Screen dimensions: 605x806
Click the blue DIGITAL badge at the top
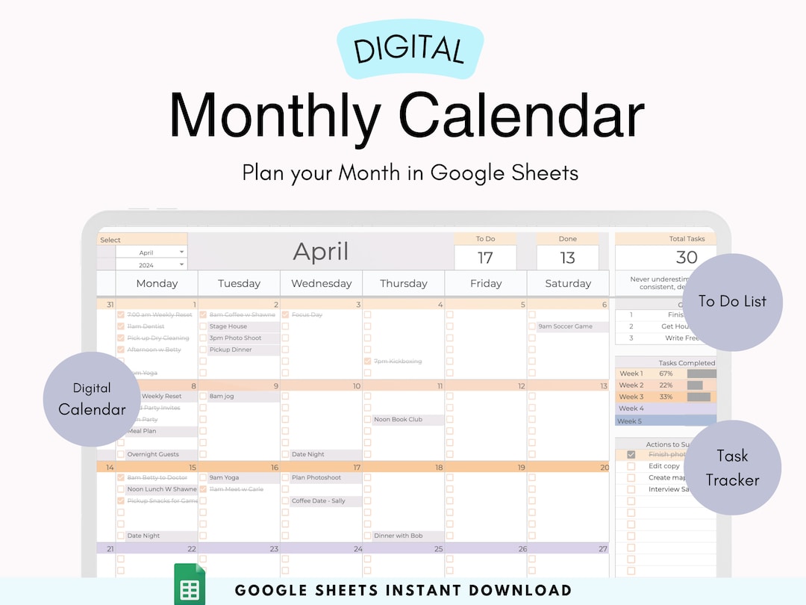click(409, 49)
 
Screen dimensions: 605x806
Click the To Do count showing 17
click(485, 258)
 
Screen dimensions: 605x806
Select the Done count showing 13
click(567, 258)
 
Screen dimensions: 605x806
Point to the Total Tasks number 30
click(686, 258)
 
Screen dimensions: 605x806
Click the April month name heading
click(320, 251)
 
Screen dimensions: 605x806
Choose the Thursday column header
click(404, 283)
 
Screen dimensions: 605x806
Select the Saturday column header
click(568, 283)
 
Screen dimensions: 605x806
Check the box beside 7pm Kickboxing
click(368, 362)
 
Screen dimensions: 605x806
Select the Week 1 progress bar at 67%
click(702, 373)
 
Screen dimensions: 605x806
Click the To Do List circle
click(732, 302)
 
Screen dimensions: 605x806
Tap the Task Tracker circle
click(732, 468)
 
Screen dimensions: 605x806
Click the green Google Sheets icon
click(190, 586)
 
